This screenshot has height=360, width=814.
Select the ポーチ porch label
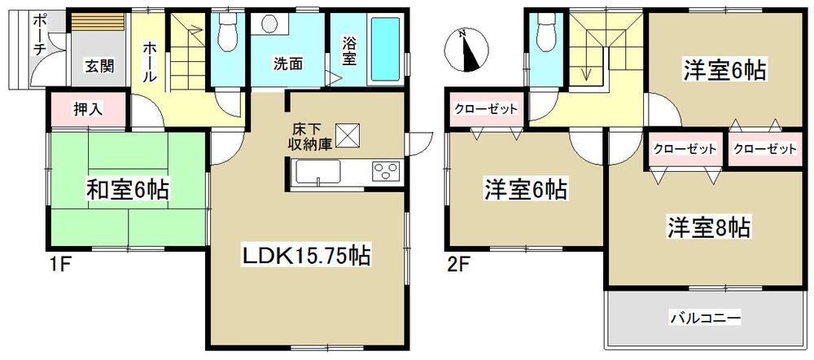click(39, 37)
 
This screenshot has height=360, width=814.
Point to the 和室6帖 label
click(128, 191)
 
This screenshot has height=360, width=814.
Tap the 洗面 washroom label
click(288, 64)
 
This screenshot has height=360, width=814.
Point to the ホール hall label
click(151, 61)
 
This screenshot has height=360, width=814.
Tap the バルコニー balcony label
click(706, 318)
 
